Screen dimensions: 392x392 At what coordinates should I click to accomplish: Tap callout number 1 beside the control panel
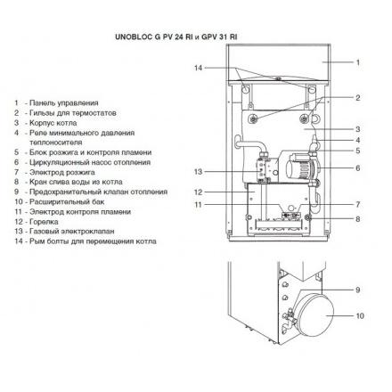tap(358, 62)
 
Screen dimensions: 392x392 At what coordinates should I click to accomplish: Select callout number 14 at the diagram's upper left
tap(198, 68)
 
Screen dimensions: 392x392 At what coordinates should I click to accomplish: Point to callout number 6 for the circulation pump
tap(358, 168)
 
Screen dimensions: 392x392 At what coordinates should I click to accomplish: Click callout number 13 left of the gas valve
tap(198, 172)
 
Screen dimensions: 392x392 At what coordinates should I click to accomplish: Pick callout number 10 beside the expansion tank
tap(360, 315)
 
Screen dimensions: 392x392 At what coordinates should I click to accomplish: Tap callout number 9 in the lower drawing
tap(358, 290)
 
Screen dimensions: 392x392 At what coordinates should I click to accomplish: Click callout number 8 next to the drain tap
tap(358, 219)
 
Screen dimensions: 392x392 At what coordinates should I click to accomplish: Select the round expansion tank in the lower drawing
tap(315, 315)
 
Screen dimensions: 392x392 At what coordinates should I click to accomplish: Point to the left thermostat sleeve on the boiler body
tap(254, 118)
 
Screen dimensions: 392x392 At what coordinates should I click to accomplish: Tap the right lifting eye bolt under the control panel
tap(312, 89)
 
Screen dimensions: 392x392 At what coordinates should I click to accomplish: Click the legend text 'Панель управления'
tap(64, 103)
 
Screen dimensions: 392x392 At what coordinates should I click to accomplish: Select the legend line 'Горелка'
tap(44, 222)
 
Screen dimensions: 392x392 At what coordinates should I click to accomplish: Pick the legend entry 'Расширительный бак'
tap(67, 202)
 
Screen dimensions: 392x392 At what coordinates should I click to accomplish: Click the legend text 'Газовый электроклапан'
tap(72, 231)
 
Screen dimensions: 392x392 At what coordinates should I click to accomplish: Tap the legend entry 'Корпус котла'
tap(53, 123)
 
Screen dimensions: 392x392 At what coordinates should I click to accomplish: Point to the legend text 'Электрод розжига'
tap(62, 172)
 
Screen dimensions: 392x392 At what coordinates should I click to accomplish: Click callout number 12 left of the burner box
tap(198, 192)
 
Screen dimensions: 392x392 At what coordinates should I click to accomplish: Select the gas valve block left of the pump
tap(265, 170)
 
